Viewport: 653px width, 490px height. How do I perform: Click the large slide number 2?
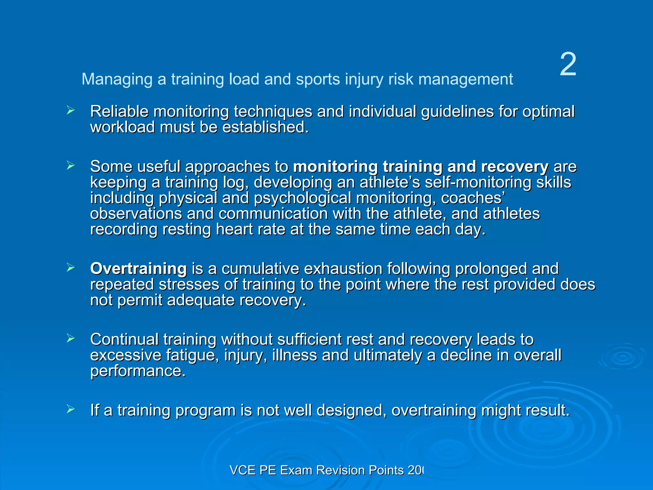pyautogui.click(x=568, y=65)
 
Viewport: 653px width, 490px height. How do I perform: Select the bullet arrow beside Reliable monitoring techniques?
pyautogui.click(x=70, y=111)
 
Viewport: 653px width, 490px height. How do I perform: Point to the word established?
pyautogui.click(x=265, y=127)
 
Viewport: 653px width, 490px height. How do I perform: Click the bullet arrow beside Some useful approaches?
pyautogui.click(x=70, y=166)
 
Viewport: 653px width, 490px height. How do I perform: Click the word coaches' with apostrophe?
pyautogui.click(x=473, y=198)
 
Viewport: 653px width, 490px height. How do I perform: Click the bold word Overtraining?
pyautogui.click(x=138, y=269)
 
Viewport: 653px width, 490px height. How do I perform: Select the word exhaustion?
pyautogui.click(x=343, y=269)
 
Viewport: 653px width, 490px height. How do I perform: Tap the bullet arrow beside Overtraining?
pyautogui.click(x=70, y=268)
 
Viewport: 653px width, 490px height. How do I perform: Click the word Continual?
pyautogui.click(x=124, y=339)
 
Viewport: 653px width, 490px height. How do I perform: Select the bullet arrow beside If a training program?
pyautogui.click(x=70, y=409)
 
